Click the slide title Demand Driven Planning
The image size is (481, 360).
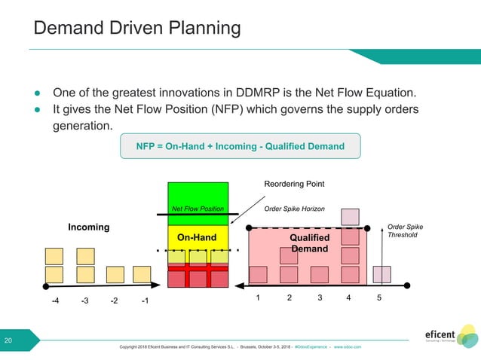[137, 29]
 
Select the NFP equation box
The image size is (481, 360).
[240, 145]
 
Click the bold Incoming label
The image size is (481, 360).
[88, 227]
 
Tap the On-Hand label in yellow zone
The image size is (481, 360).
[197, 237]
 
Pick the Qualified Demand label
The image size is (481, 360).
[310, 243]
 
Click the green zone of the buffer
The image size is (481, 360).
[198, 194]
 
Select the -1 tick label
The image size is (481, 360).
[146, 301]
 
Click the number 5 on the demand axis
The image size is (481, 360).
[379, 297]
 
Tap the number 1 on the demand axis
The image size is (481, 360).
[258, 297]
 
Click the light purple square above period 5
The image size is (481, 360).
[382, 274]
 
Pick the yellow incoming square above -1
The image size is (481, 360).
[142, 274]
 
